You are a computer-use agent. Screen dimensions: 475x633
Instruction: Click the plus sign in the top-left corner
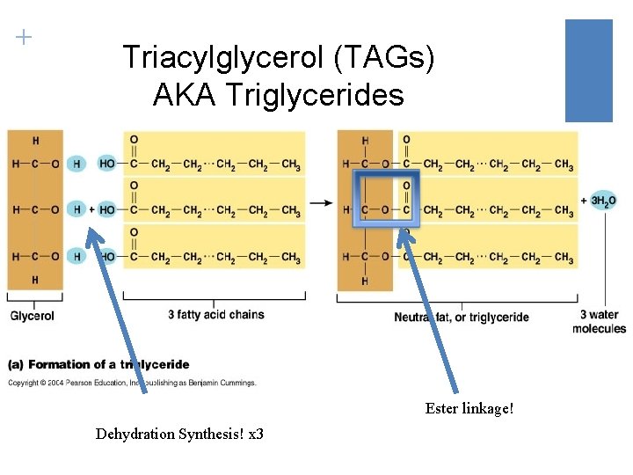[24, 37]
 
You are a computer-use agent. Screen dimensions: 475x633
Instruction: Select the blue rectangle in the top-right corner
[588, 70]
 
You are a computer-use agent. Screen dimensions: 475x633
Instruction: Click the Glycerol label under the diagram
[33, 316]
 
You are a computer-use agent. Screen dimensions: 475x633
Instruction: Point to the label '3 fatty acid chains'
[215, 314]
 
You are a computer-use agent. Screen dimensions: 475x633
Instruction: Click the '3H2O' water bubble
[603, 201]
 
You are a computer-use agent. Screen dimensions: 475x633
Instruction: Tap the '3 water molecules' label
[599, 321]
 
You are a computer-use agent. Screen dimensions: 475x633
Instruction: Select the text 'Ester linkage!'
[469, 409]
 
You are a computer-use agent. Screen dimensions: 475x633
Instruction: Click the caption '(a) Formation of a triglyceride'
[98, 364]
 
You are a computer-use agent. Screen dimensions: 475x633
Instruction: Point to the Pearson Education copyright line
[132, 383]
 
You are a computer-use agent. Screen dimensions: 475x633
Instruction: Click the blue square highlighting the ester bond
[386, 199]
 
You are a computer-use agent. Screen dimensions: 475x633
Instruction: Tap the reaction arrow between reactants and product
[322, 203]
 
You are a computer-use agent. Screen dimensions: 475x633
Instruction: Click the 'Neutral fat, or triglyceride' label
[461, 317]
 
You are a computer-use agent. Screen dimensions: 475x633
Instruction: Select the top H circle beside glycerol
[77, 164]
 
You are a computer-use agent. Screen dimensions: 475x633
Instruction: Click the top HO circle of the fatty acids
[107, 164]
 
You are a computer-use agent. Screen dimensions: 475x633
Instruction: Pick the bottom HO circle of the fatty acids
[107, 257]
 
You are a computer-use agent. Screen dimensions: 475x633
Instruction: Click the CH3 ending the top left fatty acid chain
[291, 164]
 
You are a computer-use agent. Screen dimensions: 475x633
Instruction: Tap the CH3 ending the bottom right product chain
[564, 259]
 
